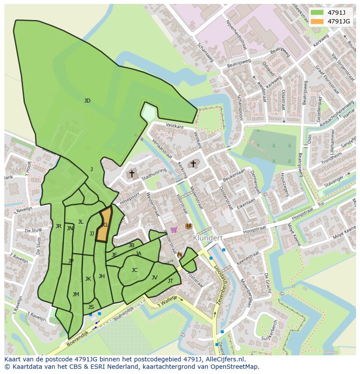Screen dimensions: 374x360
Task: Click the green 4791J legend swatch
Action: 317,12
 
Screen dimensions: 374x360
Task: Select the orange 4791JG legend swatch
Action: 317,21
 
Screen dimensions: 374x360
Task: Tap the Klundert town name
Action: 208,238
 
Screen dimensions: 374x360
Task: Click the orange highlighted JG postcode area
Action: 103,225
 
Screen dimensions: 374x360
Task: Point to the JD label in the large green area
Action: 87,101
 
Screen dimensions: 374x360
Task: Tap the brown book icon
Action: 188,226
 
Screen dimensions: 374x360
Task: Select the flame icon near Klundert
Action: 179,255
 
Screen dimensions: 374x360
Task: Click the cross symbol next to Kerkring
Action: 193,164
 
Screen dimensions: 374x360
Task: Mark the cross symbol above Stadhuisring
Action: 132,173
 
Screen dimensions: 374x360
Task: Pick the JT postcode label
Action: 170,281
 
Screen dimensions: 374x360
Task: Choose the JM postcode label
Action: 76,295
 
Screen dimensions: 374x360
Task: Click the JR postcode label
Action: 58,226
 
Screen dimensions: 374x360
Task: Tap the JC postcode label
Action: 134,270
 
